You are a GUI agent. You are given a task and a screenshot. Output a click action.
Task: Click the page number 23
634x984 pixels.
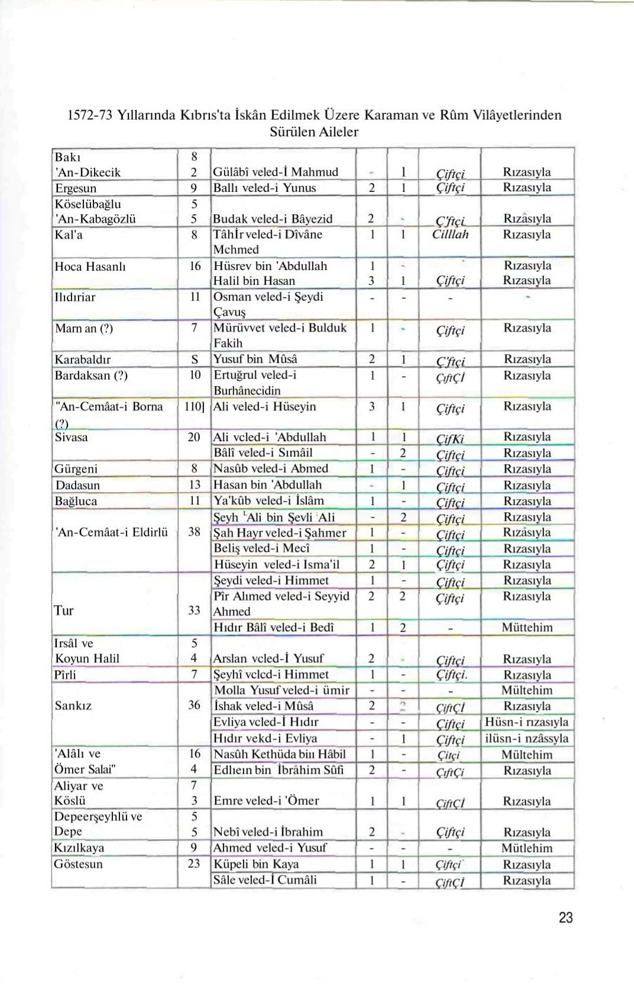(565, 918)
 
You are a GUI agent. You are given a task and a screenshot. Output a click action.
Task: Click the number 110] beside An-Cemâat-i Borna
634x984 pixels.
(194, 407)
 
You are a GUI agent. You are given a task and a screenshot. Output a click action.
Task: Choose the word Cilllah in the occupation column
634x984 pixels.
(450, 234)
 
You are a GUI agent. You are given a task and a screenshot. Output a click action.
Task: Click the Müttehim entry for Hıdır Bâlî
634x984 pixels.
(527, 628)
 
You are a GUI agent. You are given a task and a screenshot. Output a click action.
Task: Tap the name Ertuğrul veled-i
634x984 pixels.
(255, 375)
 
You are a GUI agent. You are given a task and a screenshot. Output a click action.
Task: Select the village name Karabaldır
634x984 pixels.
(83, 359)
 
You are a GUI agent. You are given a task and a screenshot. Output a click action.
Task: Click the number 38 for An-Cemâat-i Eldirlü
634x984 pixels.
(194, 532)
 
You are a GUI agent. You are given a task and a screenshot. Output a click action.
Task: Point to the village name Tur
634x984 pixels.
(64, 611)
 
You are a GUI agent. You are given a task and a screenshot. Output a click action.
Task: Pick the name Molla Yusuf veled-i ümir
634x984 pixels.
(282, 690)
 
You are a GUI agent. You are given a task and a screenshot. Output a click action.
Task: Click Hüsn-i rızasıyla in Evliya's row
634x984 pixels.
(526, 722)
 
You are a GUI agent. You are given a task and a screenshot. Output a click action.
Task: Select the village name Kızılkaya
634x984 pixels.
(79, 848)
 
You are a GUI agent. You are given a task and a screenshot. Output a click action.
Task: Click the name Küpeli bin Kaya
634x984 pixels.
(256, 864)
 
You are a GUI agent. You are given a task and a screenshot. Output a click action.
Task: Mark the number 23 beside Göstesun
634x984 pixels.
(194, 864)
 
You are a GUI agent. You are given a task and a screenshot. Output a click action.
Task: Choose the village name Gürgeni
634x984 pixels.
(76, 469)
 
